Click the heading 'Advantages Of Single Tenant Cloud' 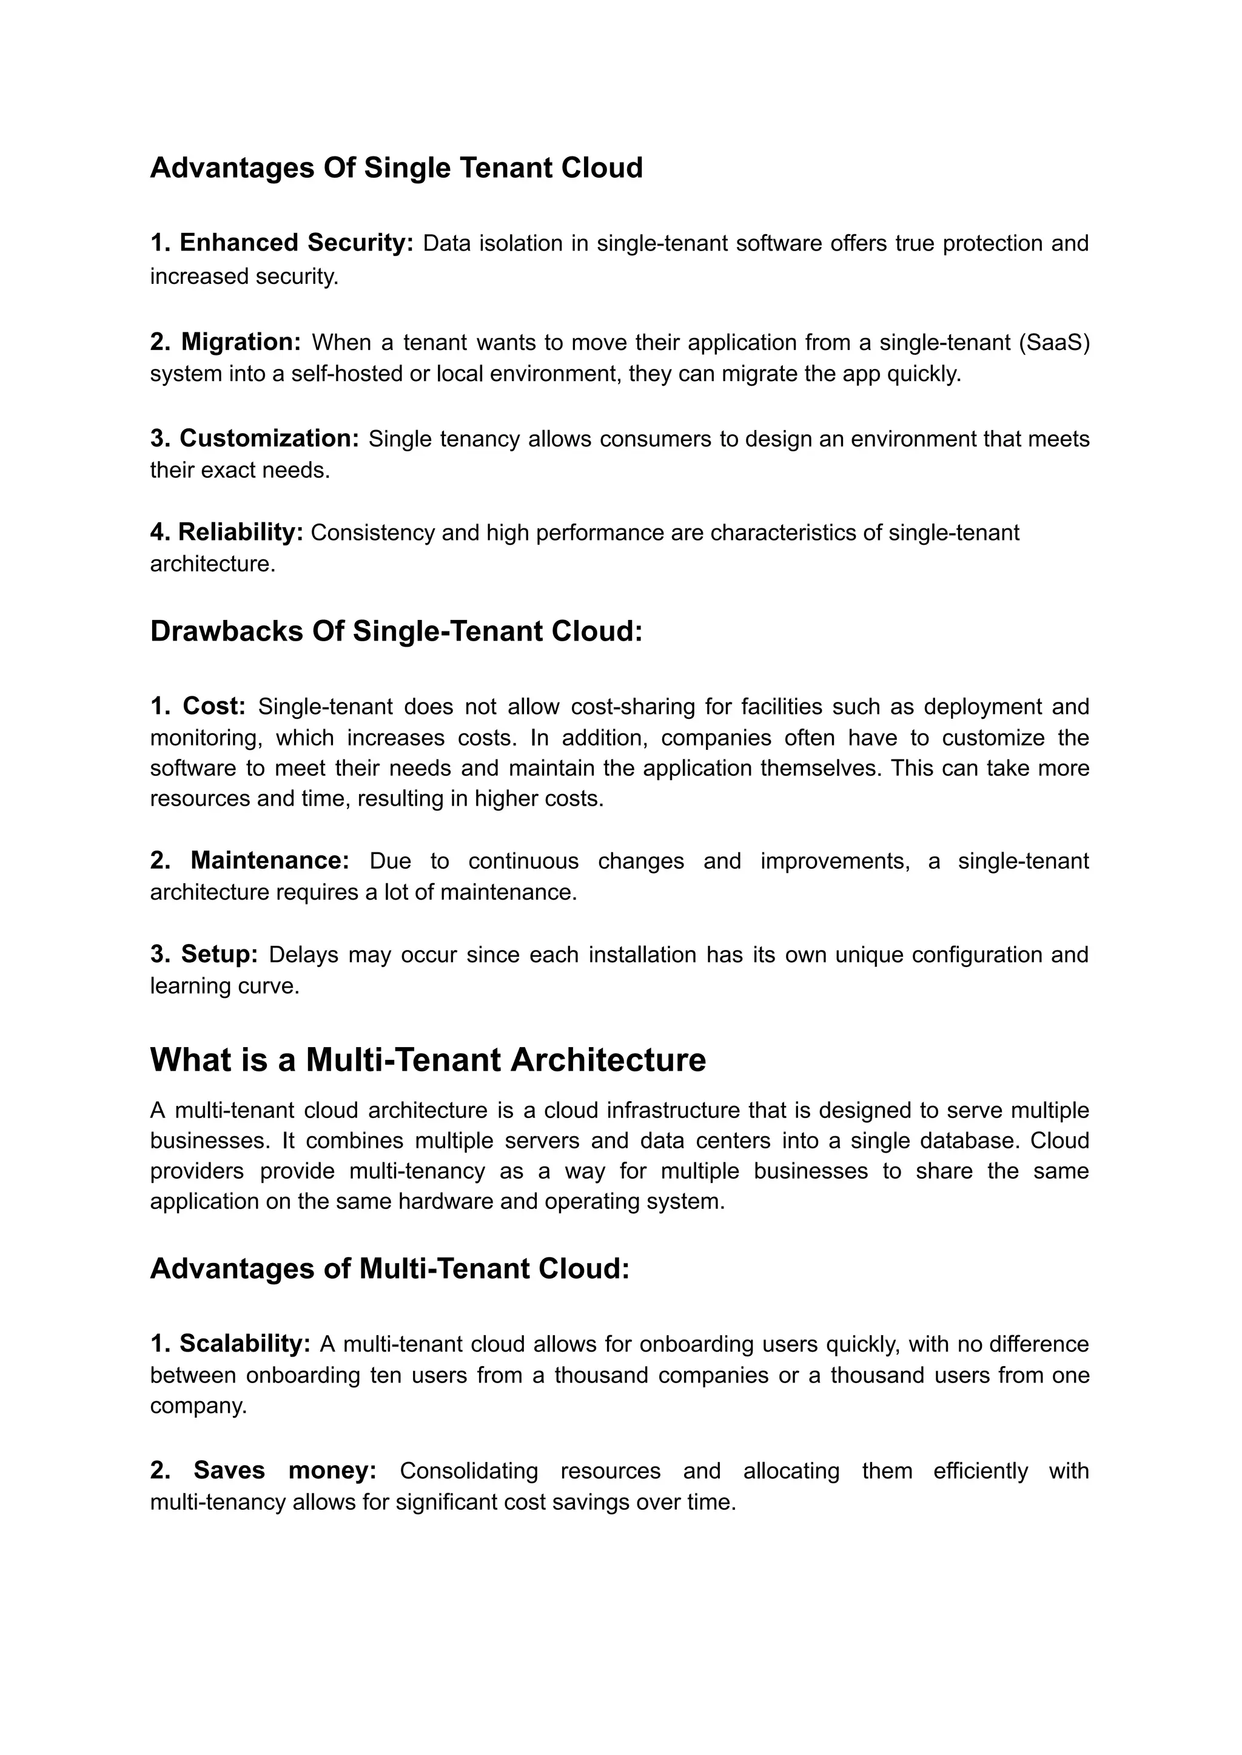pyautogui.click(x=396, y=167)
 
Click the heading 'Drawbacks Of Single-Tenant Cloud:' pyautogui.click(x=396, y=631)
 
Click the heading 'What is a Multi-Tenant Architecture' pyautogui.click(x=428, y=1060)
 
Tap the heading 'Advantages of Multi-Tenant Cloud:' pyautogui.click(x=389, y=1268)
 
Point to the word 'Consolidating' pyautogui.click(x=468, y=1471)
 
